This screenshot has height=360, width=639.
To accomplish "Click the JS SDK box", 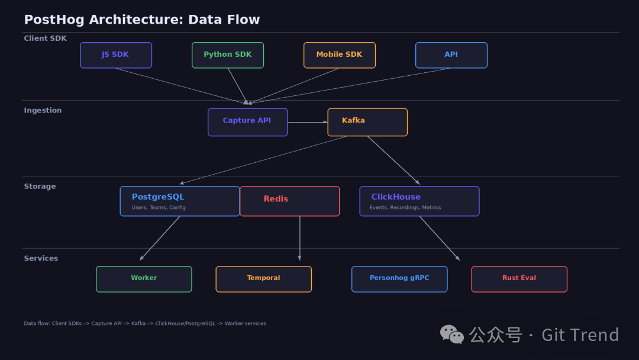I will (x=116, y=55).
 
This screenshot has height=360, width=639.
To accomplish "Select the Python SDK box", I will (x=228, y=55).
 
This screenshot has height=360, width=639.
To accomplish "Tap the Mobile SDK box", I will (x=340, y=55).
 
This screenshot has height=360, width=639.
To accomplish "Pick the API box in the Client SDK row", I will (x=451, y=55).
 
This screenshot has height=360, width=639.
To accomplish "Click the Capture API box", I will (x=247, y=122).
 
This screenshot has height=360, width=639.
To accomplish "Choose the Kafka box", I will (x=367, y=122).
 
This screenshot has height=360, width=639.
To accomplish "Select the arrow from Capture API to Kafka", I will (x=308, y=123).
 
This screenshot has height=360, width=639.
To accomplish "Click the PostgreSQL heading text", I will (x=158, y=197).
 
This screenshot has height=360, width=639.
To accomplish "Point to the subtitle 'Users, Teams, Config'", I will (x=159, y=208).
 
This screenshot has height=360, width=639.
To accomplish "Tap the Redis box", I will (x=289, y=201).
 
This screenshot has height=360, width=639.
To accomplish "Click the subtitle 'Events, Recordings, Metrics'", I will (x=405, y=208).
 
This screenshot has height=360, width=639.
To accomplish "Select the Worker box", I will (x=144, y=279).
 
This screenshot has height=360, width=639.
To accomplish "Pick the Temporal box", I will (x=263, y=279).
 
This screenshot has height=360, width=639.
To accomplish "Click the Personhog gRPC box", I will (x=399, y=279).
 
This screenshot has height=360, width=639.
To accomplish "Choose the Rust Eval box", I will (x=519, y=279).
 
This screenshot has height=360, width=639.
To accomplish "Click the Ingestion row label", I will (x=43, y=111).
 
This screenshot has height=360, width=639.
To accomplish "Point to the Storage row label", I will (x=40, y=187).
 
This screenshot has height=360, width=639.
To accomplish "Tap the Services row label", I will (x=41, y=259).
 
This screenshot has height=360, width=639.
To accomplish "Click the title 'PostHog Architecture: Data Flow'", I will (x=142, y=20).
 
